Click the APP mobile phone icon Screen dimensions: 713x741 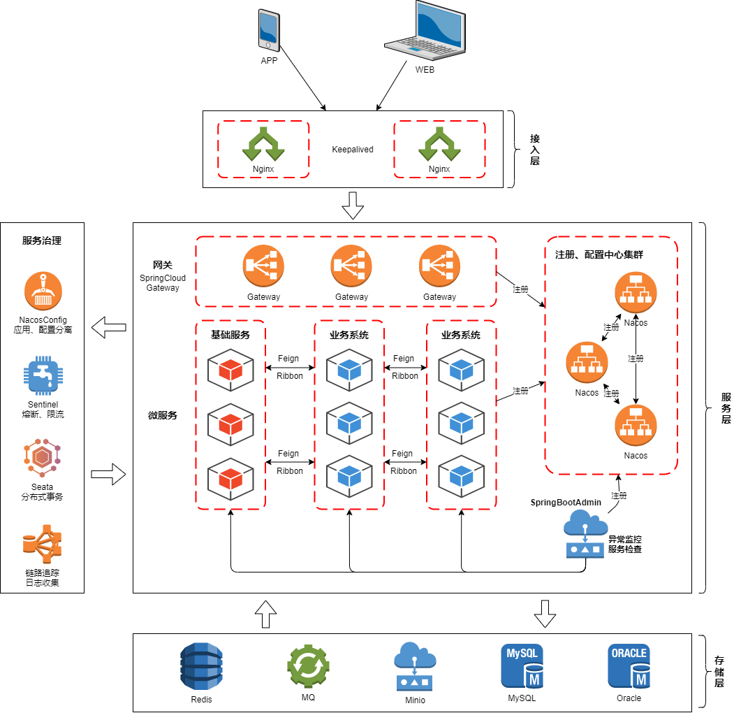tap(269, 30)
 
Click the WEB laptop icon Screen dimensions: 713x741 tap(425, 31)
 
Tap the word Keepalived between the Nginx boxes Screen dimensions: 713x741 tap(353, 150)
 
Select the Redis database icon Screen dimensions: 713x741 tap(201, 667)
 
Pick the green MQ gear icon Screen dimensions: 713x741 tap(308, 667)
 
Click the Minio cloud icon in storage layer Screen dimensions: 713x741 tap(415, 667)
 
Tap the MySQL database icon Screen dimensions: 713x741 tap(522, 667)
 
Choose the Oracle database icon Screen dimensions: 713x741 tap(629, 667)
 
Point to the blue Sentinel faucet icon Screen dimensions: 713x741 tap(43, 377)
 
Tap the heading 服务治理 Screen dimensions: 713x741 tap(42, 241)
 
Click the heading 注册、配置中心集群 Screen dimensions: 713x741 tap(599, 255)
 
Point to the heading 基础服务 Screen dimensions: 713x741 tap(230, 335)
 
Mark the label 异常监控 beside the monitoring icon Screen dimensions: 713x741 tap(624, 539)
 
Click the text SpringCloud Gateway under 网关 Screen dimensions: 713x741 tap(163, 282)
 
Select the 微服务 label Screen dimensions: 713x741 tap(163, 415)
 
